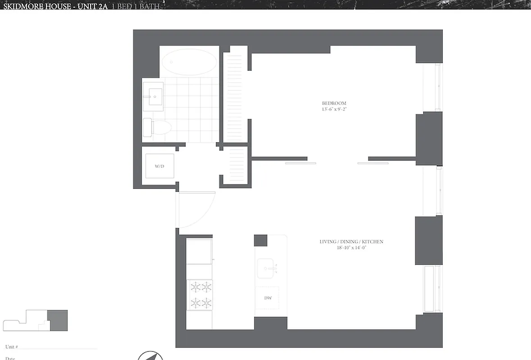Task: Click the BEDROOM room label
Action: point(334,103)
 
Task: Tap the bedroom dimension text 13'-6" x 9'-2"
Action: point(334,109)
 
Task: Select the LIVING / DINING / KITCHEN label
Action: point(351,242)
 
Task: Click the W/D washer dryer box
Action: point(159,166)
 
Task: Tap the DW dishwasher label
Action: point(268,298)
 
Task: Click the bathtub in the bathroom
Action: point(189,62)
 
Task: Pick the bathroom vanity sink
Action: point(155,96)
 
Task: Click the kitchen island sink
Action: point(268,269)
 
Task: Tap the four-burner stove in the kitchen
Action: point(200,294)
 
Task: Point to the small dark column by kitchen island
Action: point(260,240)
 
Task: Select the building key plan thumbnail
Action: point(36,320)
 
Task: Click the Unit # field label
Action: point(12,347)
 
